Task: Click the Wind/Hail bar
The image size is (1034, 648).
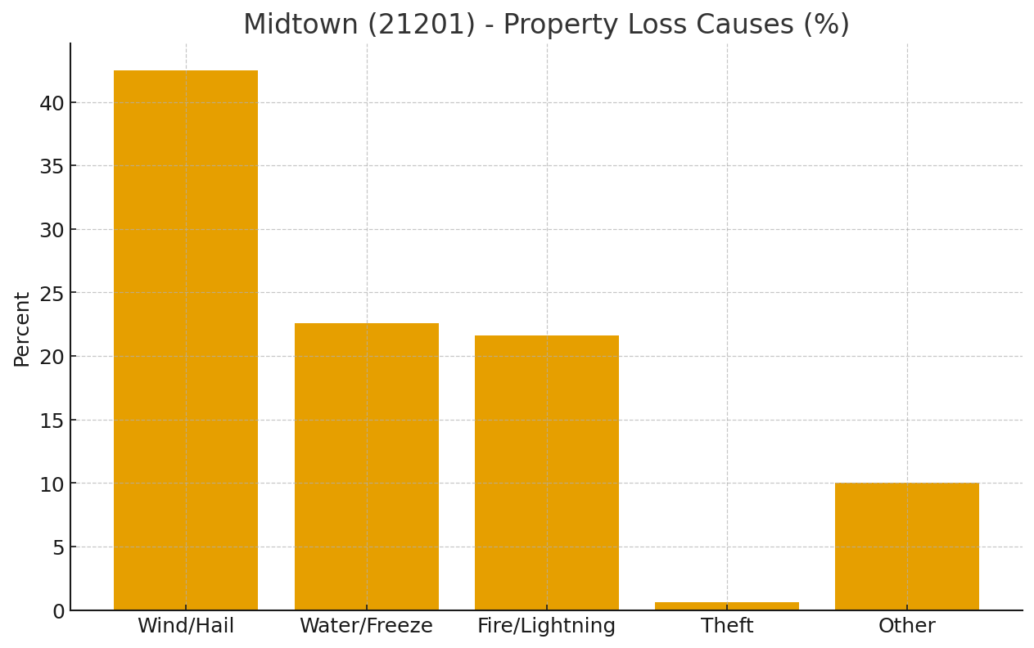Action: [186, 340]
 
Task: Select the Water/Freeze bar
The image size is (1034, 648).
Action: [366, 466]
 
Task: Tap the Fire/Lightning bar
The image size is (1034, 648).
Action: [546, 472]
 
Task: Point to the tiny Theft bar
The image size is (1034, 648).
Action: [726, 606]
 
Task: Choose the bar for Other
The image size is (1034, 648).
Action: [906, 546]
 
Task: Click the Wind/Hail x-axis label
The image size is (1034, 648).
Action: [186, 626]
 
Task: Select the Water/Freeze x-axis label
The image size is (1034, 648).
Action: [366, 626]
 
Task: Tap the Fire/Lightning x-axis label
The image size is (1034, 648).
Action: [546, 626]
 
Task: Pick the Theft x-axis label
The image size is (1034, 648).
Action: [726, 626]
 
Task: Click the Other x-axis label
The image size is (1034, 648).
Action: [906, 626]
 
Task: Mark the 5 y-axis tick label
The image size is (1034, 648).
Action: [58, 547]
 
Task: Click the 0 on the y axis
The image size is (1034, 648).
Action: [58, 611]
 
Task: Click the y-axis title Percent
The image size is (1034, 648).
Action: [22, 329]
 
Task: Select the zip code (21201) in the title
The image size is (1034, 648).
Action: [421, 25]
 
